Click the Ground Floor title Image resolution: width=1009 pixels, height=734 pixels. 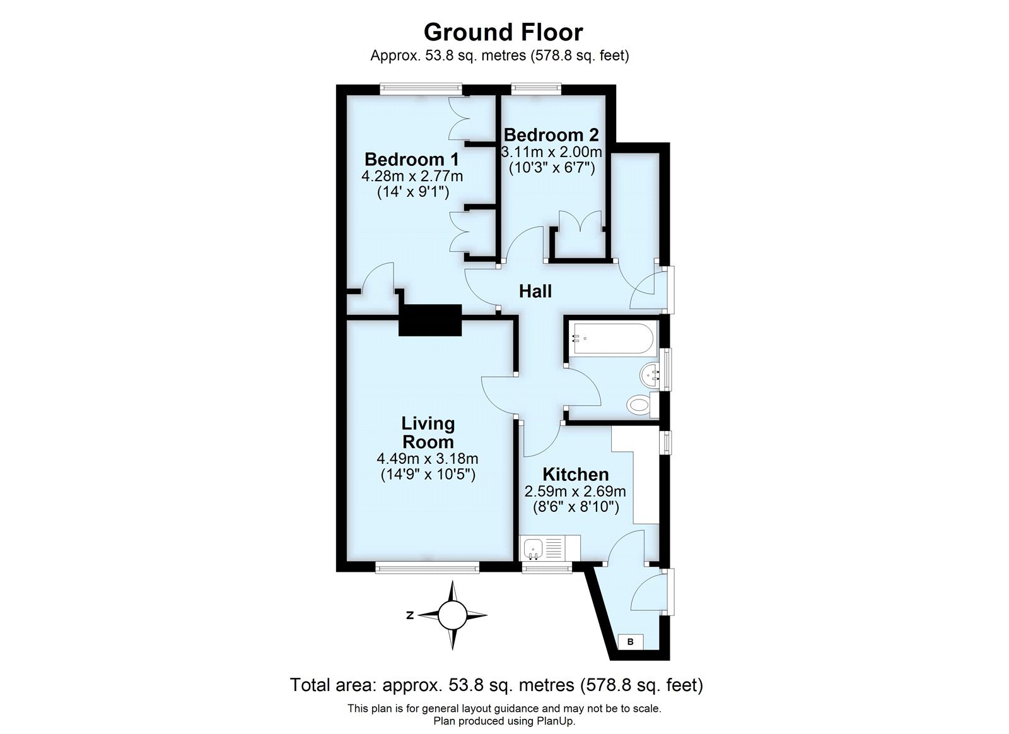click(503, 32)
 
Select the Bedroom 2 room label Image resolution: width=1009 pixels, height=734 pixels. click(551, 135)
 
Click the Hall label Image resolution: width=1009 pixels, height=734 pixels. click(535, 291)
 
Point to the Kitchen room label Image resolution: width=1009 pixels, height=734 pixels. click(576, 474)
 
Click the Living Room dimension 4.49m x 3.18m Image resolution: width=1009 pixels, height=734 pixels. click(428, 459)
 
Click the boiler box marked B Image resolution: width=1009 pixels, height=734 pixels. click(630, 642)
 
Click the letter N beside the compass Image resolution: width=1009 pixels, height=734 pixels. click(410, 615)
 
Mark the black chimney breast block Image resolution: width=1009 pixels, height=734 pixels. click(430, 320)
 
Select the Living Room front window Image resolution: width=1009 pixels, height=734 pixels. click(427, 568)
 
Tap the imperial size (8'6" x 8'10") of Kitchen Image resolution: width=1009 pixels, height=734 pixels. click(575, 506)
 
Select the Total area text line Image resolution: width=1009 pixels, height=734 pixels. click(496, 685)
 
